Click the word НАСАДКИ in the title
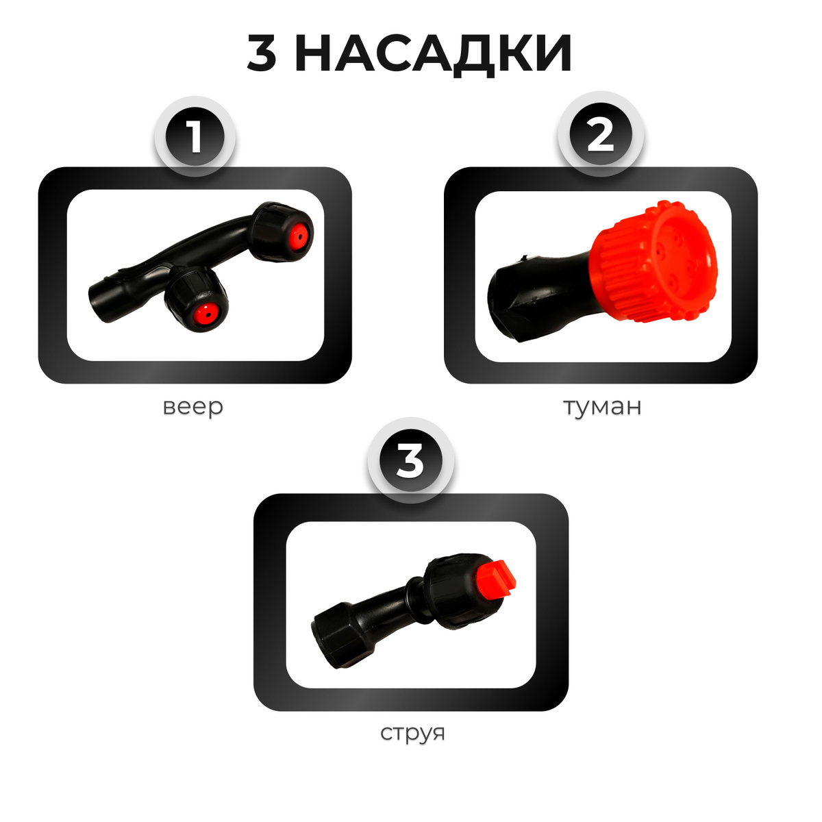(433, 53)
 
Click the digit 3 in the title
(262, 53)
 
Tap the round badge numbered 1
(195, 136)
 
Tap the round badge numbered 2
(601, 136)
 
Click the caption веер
(193, 407)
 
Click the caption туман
(602, 407)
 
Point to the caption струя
(412, 732)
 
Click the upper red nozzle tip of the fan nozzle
(298, 235)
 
